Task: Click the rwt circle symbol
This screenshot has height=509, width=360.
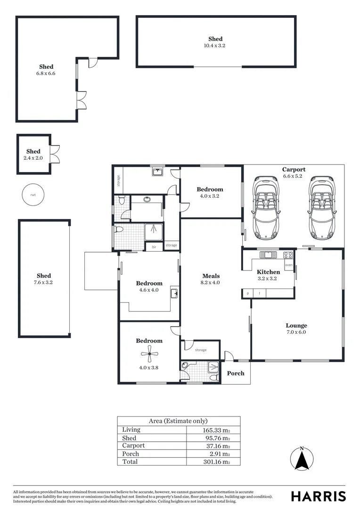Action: point(33,194)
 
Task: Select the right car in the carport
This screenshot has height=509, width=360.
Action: point(322,207)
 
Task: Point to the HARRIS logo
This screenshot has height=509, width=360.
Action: point(319,496)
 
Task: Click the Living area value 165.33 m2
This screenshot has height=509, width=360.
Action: point(216,430)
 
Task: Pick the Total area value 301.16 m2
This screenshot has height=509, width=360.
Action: point(216,462)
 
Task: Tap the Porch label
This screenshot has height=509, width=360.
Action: point(236,373)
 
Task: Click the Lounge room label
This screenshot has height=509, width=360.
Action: point(296,325)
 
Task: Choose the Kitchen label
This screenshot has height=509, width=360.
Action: point(269,272)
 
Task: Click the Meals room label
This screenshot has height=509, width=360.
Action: point(211,276)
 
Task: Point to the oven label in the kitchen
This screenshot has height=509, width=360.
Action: point(289,265)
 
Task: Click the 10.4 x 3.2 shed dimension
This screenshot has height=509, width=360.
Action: point(216,46)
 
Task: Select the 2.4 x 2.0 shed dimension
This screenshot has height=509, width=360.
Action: point(33,158)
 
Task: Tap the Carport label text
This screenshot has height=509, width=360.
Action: point(294,170)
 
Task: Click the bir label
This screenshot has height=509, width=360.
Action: point(154,246)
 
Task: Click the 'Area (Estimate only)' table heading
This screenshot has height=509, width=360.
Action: point(178,421)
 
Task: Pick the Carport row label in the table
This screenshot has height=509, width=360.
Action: point(133,445)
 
